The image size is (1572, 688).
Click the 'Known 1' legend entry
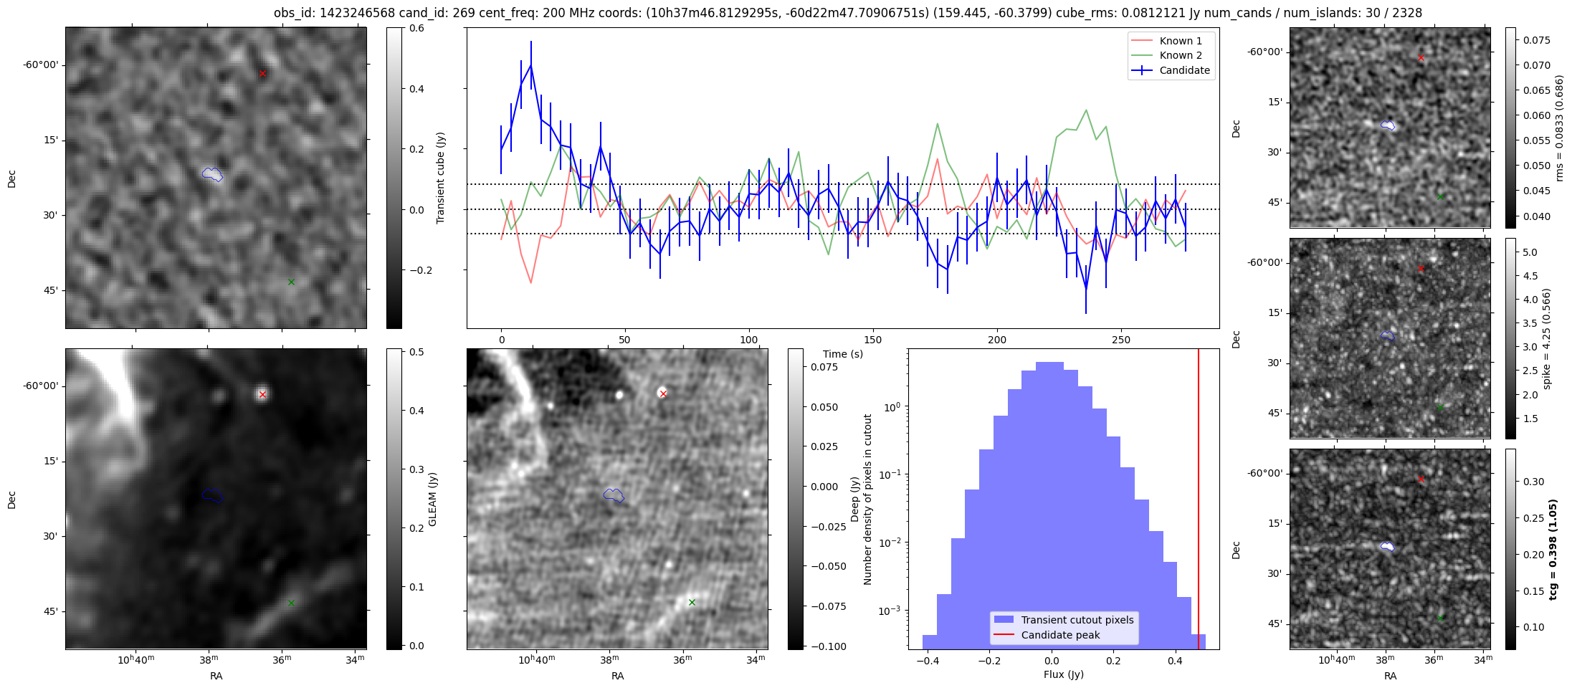1181,41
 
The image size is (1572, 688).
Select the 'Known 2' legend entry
1181,55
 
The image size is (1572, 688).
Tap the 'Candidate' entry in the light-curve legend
1184,70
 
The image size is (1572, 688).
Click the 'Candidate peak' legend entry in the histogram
1060,635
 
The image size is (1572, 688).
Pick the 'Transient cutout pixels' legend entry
1077,620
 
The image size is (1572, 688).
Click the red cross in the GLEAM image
262,394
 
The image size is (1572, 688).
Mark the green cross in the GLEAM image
291,603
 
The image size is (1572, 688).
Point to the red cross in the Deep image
663,393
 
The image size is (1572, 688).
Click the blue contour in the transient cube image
212,174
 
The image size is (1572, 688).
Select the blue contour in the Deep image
614,495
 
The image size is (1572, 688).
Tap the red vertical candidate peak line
1198,502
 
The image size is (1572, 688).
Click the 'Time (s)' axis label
842,354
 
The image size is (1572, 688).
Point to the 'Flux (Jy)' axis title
1063,674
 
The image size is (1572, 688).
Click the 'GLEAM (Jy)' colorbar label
432,499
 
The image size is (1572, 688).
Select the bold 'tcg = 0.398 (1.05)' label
1553,550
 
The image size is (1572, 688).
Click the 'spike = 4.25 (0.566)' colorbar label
1546,339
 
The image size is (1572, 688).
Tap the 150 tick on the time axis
872,340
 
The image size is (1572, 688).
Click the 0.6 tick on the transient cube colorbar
416,29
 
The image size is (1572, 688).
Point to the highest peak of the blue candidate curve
530,65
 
